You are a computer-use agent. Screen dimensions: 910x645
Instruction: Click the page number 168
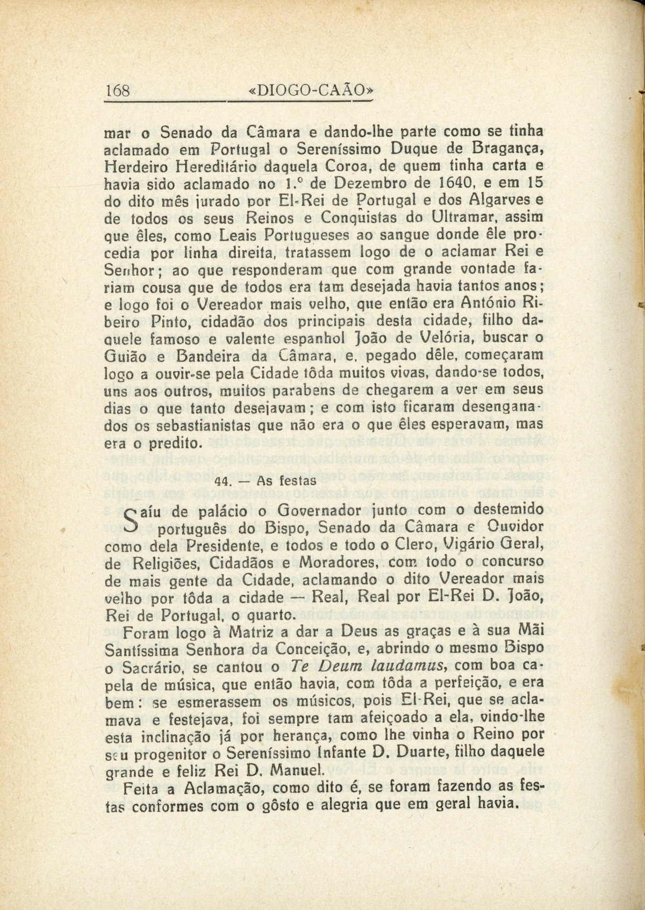(x=118, y=90)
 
